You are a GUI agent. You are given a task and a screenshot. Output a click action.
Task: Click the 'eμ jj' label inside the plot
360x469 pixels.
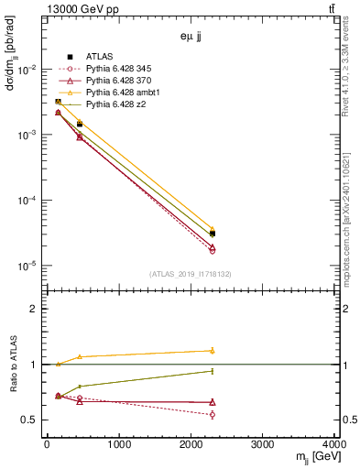pyautogui.click(x=191, y=38)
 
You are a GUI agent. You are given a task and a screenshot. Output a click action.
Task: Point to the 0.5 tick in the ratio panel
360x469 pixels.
pyautogui.click(x=33, y=420)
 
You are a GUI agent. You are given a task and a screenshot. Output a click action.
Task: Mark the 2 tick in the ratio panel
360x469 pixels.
pyautogui.click(x=37, y=309)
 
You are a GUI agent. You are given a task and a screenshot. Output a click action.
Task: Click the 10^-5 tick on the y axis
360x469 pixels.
pyautogui.click(x=27, y=266)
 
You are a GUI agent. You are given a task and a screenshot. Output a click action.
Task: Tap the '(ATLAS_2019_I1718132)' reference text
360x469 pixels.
pyautogui.click(x=191, y=273)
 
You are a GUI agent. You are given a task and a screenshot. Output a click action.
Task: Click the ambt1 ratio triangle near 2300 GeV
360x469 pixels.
pyautogui.click(x=213, y=350)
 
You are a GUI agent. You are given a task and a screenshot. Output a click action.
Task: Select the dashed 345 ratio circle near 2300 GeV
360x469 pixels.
pyautogui.click(x=213, y=414)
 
